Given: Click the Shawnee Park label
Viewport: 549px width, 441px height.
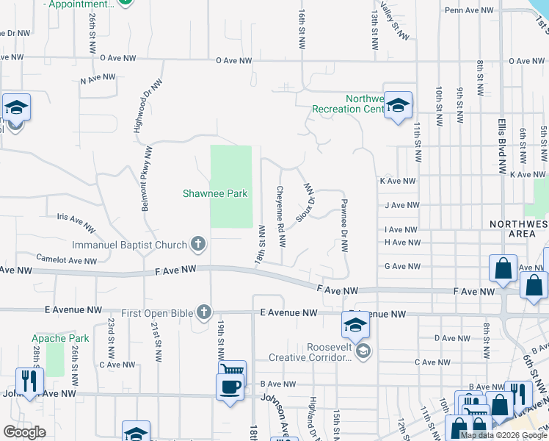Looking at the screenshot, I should click(x=215, y=194).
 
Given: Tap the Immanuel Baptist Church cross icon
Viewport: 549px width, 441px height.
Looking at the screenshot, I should click(x=197, y=243).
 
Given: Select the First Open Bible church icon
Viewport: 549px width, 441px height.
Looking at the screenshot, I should click(x=204, y=313).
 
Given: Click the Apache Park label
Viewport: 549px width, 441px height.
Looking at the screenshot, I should click(x=60, y=339).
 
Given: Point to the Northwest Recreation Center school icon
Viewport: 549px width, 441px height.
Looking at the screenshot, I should click(x=398, y=107).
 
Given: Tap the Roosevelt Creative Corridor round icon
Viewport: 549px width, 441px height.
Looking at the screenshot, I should click(x=362, y=353).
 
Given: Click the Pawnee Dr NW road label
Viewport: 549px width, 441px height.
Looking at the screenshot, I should click(x=343, y=224).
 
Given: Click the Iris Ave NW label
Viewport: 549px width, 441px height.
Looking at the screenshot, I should click(x=76, y=222).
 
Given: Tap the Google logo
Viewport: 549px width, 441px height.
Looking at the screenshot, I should click(x=25, y=431).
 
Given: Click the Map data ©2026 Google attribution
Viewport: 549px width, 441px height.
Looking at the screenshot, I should click(x=503, y=435).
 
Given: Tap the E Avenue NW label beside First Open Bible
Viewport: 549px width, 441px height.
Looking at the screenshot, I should click(x=289, y=313).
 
